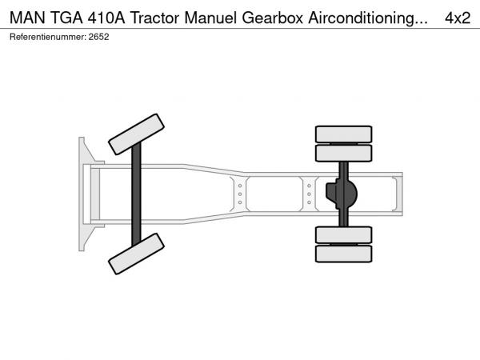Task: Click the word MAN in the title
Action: click(x=27, y=18)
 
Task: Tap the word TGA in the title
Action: click(x=66, y=18)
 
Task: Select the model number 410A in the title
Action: click(x=106, y=18)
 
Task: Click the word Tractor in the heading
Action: click(x=154, y=18)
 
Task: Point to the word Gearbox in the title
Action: click(x=273, y=18)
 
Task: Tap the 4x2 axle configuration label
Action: click(x=458, y=18)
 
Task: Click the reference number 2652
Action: click(x=98, y=37)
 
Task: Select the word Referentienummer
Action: click(x=48, y=37)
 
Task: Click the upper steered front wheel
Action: click(x=136, y=134)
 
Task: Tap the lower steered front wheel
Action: click(x=136, y=254)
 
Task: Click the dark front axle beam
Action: click(x=136, y=194)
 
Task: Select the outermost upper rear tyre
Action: click(x=343, y=134)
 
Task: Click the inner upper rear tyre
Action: click(x=343, y=153)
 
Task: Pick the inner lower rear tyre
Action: click(x=343, y=235)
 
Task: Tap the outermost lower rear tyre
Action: click(x=343, y=254)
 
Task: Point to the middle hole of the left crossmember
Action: click(x=240, y=194)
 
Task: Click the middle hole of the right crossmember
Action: click(x=309, y=194)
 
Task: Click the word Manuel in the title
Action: click(x=210, y=18)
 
